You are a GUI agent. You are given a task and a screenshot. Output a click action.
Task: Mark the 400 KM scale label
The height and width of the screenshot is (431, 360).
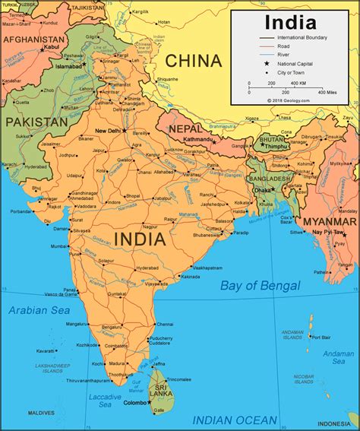(x=298, y=82)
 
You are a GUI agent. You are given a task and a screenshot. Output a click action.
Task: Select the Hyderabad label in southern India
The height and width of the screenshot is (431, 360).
(x=147, y=268)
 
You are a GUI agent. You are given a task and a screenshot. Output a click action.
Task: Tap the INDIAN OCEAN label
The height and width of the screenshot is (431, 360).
(x=235, y=419)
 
